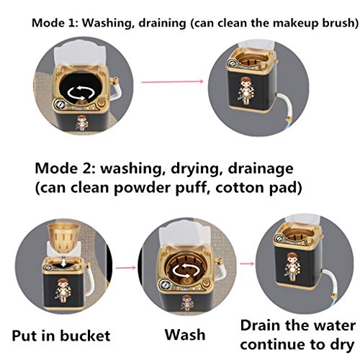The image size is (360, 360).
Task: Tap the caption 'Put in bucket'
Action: [x=60, y=336]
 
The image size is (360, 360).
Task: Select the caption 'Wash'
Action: [x=185, y=336]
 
